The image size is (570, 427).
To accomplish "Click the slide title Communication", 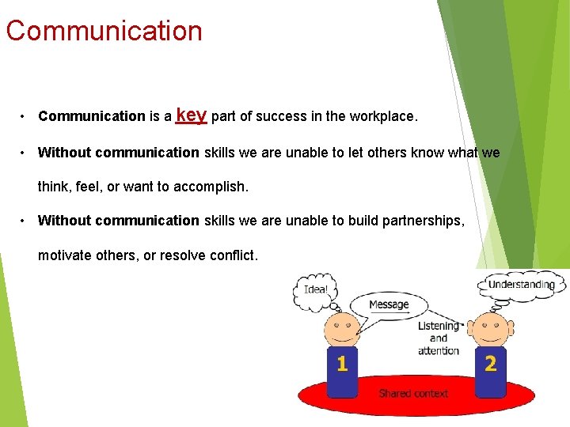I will coord(104,31).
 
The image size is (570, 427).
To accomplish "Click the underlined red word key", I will coord(192,115).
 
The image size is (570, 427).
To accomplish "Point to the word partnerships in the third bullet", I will coord(425,221).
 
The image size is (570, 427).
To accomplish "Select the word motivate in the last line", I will coord(64,255).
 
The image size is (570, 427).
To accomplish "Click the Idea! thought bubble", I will coord(316,289).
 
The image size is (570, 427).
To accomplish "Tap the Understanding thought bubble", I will coord(521,285).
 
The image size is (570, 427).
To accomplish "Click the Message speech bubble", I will coord(388,304).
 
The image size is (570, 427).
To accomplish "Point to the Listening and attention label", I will coord(439,338).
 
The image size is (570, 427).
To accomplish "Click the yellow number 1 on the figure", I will coord(342,364).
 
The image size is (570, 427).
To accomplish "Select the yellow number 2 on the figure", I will coord(491,364).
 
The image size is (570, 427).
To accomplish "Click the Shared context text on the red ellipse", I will coord(413,393).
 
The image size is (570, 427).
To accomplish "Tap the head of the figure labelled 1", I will coord(342,330).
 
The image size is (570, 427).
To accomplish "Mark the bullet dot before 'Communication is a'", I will coord(25,117).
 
